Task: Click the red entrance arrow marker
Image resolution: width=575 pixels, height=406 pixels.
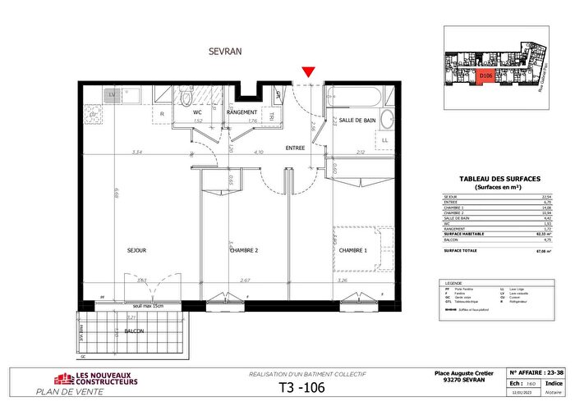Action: (x=307, y=74)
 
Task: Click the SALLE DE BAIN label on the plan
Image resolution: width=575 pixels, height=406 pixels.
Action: (x=357, y=121)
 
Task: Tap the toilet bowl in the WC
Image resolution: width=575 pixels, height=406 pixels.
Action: (x=187, y=99)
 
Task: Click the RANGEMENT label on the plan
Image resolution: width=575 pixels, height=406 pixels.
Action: (x=242, y=112)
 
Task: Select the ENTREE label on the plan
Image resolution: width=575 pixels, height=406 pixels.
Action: (x=295, y=148)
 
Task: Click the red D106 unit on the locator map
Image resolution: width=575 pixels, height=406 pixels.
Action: (x=485, y=75)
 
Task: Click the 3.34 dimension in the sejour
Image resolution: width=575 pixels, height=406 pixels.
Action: (x=118, y=153)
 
